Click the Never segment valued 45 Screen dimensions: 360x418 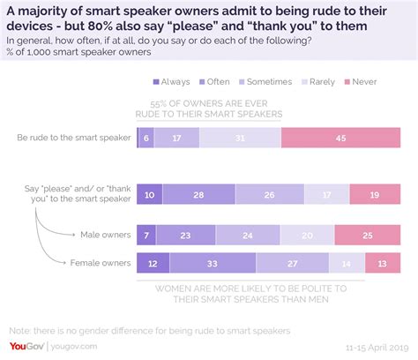coord(340,138)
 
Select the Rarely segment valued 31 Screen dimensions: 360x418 coord(240,138)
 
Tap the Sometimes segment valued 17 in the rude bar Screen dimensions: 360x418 coord(177,138)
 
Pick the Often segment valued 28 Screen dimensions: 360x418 coord(199,195)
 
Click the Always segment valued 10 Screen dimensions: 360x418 coord(150,195)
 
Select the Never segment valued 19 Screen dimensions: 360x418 coord(376,195)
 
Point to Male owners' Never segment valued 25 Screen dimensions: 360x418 coord(368,235)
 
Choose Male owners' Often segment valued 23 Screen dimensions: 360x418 coord(185,235)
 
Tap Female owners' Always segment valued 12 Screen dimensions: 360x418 coord(153,262)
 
